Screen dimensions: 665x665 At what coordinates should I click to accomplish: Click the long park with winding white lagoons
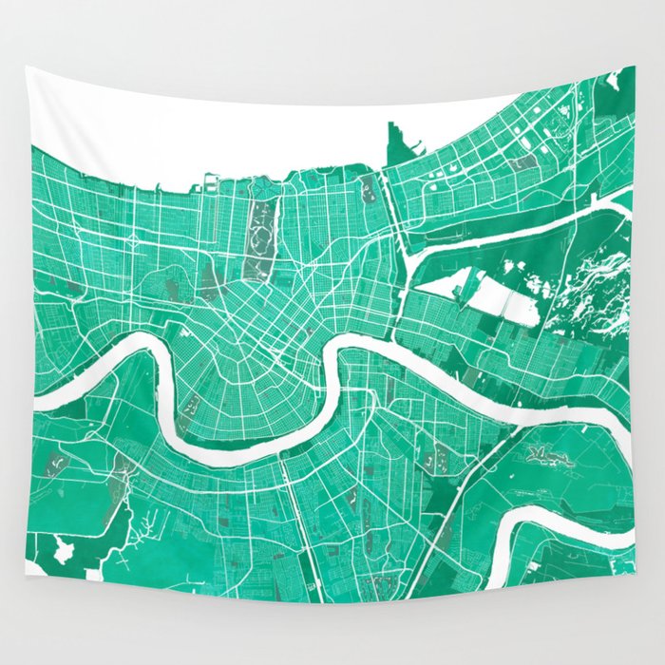click(x=260, y=228)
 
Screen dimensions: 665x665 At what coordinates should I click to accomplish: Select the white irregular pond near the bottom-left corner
click(x=64, y=549)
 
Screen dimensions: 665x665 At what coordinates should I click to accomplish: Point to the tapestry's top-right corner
click(x=633, y=67)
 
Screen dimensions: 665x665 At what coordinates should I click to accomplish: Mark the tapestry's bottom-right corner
click(x=634, y=600)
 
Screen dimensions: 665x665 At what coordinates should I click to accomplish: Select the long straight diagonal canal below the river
click(x=465, y=499)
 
